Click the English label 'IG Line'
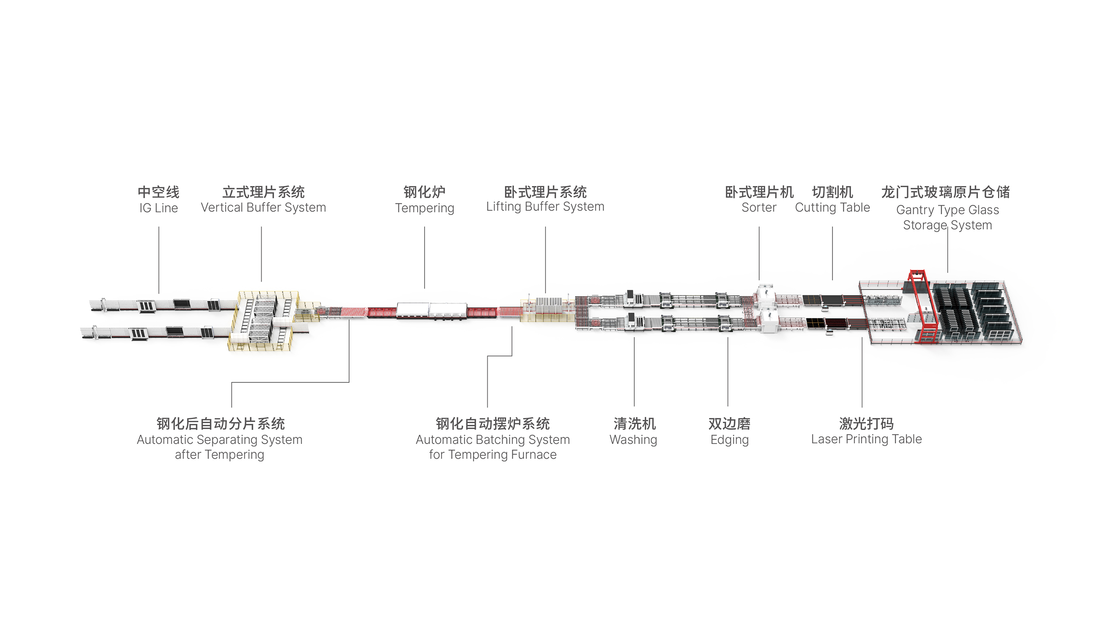point(159,208)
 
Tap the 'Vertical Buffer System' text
point(263,207)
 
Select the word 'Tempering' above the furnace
point(425,208)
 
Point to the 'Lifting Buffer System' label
point(545,206)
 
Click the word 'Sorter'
point(759,207)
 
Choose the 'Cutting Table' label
point(832,207)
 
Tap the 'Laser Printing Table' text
point(866,439)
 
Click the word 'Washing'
point(633,440)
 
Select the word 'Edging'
point(729,440)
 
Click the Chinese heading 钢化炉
point(425,192)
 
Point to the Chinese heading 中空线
point(159,192)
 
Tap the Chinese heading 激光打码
point(866,423)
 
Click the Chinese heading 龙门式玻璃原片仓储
point(946,192)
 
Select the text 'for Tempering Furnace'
point(493,455)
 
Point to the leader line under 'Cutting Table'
point(832,253)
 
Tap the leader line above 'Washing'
point(634,371)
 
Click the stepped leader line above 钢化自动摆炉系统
point(488,380)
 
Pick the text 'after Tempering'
point(219,455)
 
